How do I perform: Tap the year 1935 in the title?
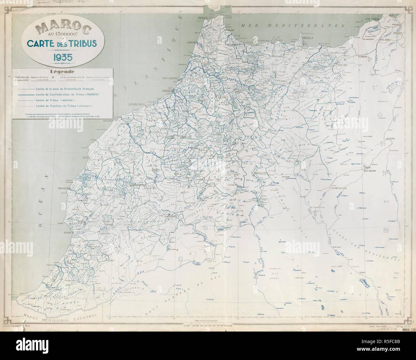(x=62, y=57)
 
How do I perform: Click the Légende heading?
(x=62, y=72)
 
